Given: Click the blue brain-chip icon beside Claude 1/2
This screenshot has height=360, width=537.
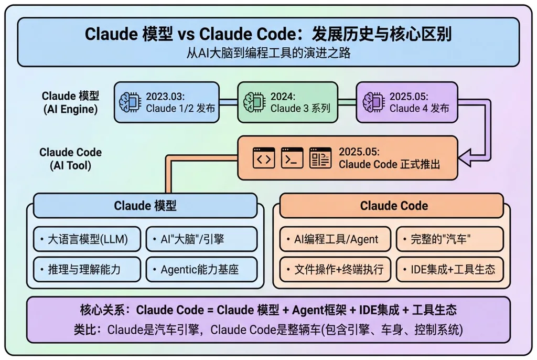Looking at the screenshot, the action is click(130, 102).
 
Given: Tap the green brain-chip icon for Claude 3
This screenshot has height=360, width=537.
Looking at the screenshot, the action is click(254, 102).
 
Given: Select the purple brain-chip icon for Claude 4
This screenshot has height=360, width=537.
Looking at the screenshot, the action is click(373, 102).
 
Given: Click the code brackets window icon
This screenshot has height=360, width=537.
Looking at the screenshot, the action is click(264, 158).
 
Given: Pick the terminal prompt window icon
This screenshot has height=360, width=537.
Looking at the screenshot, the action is click(292, 158).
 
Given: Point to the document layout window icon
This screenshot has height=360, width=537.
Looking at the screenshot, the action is click(320, 158).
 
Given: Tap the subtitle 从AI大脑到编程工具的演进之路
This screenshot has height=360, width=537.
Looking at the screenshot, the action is click(268, 53).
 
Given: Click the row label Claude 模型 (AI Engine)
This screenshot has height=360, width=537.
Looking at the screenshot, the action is click(71, 102).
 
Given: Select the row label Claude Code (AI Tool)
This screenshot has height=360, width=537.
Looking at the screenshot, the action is click(71, 158).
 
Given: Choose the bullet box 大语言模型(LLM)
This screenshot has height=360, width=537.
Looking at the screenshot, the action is click(87, 239).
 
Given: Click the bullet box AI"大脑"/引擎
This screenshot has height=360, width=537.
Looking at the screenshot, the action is click(201, 239).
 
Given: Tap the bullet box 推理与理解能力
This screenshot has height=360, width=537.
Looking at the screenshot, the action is click(87, 269).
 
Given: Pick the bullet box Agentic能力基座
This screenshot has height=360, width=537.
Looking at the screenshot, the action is click(201, 269).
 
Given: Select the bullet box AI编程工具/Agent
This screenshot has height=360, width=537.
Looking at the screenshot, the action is click(335, 239).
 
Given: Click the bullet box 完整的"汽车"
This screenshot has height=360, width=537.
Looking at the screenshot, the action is click(449, 239).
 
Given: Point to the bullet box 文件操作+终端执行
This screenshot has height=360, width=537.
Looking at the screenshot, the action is click(335, 269).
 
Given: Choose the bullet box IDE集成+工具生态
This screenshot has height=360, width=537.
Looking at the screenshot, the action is click(449, 269).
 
